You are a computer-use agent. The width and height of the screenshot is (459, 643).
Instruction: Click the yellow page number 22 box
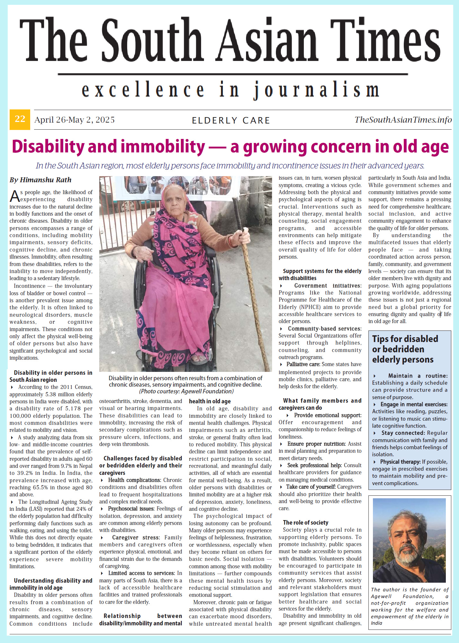pyautogui.click(x=20, y=119)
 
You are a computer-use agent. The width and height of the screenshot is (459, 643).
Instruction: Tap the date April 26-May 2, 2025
pyautogui.click(x=75, y=120)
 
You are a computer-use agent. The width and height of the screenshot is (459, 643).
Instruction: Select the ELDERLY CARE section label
pyautogui.click(x=231, y=120)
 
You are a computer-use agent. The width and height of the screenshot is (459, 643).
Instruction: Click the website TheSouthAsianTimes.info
pyautogui.click(x=403, y=120)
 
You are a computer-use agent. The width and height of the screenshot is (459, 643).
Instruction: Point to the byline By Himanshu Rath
pyautogui.click(x=40, y=180)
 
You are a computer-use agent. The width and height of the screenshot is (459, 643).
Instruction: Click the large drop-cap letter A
pyautogui.click(x=14, y=196)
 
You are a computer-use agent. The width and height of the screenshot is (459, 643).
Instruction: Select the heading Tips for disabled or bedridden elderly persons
pyautogui.click(x=405, y=349)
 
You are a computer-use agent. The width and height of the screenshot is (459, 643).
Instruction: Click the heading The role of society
pyautogui.click(x=305, y=522)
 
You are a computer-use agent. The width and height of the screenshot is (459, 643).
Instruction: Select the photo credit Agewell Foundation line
pyautogui.click(x=186, y=391)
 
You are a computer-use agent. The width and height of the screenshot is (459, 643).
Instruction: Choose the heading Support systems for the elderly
pyautogui.click(x=322, y=271)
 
